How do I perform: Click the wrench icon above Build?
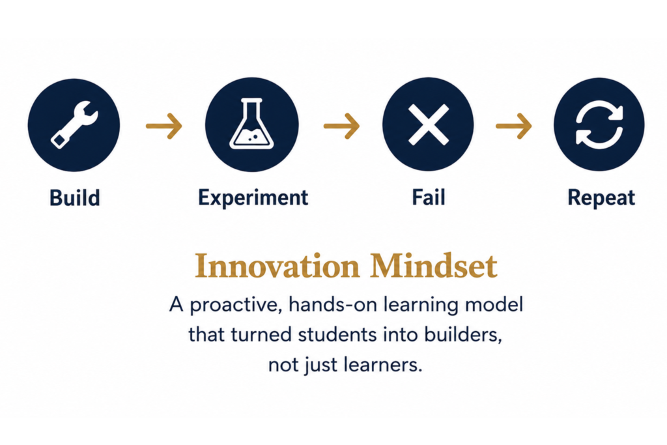(x=74, y=124)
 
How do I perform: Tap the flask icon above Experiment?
(x=251, y=124)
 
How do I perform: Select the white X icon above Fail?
(x=429, y=124)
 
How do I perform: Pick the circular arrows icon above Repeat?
(x=599, y=124)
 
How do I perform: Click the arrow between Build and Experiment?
(x=164, y=126)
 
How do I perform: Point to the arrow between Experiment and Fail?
(x=341, y=126)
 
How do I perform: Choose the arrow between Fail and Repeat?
(x=514, y=126)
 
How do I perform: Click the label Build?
(x=75, y=198)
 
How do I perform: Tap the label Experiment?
(x=253, y=198)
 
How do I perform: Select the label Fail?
(x=429, y=198)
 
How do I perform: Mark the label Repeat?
(x=601, y=198)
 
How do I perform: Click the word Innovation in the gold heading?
(x=277, y=266)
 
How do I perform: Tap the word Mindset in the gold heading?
(x=433, y=266)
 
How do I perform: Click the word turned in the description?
(x=262, y=334)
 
